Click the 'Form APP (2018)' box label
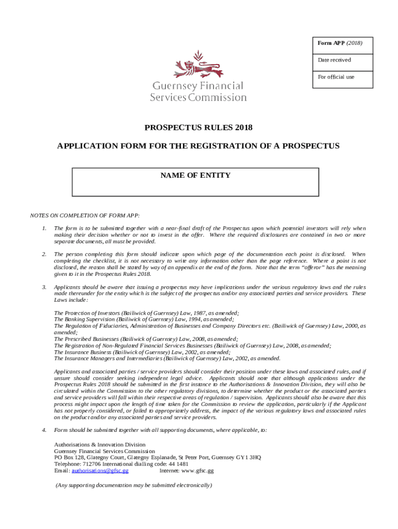pyautogui.click(x=340, y=43)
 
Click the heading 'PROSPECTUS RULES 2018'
pyautogui.click(x=198, y=128)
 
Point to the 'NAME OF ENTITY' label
pyautogui.click(x=195, y=176)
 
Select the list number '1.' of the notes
pyautogui.click(x=44, y=228)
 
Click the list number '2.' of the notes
pyautogui.click(x=44, y=254)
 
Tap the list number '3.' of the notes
pyautogui.click(x=44, y=287)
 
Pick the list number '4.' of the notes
pyautogui.click(x=44, y=430)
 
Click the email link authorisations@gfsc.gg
pyautogui.click(x=100, y=471)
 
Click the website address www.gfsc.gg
pyautogui.click(x=197, y=471)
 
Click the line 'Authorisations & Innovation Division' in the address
pyautogui.click(x=100, y=444)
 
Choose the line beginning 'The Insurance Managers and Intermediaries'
pyautogui.click(x=167, y=359)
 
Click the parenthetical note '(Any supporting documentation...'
pyautogui.click(x=134, y=486)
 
